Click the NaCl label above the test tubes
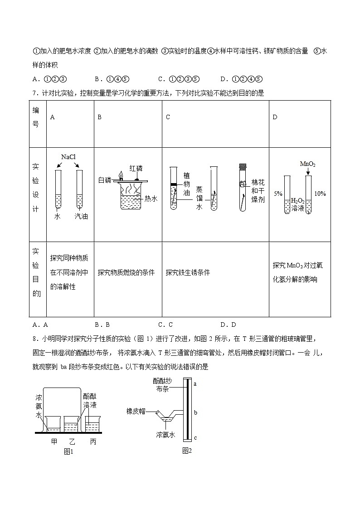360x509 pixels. coord(68,157)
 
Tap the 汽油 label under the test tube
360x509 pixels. coord(81,216)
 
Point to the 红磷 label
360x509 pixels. coord(136,168)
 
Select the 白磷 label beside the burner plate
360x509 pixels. coord(105,180)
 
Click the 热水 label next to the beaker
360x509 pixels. coord(151,199)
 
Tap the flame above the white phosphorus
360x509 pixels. coord(121,175)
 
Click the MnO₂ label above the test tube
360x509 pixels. coord(307,164)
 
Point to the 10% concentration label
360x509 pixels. coord(320,194)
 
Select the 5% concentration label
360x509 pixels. coord(277,194)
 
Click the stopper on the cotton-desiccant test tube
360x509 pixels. coord(242,166)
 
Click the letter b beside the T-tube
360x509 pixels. coord(195,412)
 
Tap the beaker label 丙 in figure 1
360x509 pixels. coord(93,441)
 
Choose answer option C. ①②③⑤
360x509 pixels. coord(179,79)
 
